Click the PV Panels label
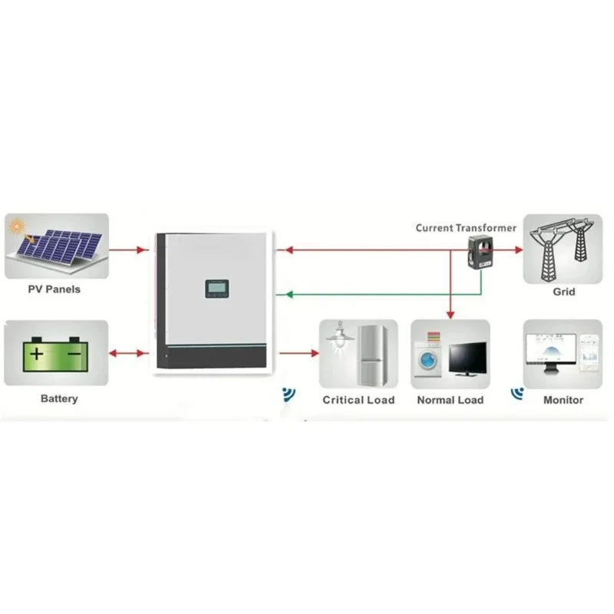pos(54,289)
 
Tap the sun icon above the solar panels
pos(17,226)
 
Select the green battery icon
pos(55,354)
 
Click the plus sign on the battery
pos(36,354)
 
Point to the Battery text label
pos(59,398)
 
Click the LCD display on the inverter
pos(216,288)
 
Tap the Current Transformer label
pos(466,228)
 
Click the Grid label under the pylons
pos(564,292)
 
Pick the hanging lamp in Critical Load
pos(340,337)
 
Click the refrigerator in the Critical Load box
pos(373,355)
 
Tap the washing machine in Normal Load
pos(427,359)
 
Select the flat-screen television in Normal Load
pos(468,359)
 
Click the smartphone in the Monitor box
pos(589,352)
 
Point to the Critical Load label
pos(358,400)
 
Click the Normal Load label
pos(451,400)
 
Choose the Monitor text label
pos(563,400)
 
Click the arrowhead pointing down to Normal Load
pos(451,315)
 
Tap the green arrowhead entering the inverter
pos(289,294)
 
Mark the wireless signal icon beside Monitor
pos(517,394)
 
